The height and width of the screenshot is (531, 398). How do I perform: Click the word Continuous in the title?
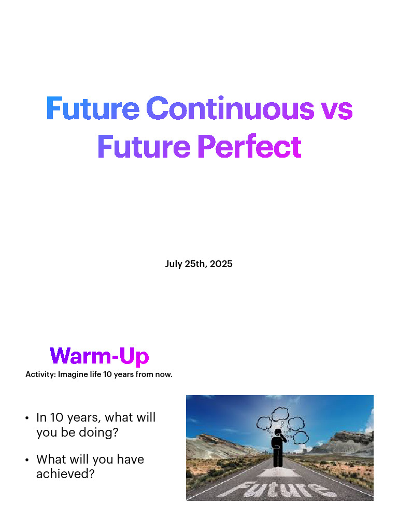(x=230, y=108)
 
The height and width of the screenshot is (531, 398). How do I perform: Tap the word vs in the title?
(x=336, y=108)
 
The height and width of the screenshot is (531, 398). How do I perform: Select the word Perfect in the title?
(x=249, y=147)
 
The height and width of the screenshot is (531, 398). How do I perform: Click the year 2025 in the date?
(x=221, y=264)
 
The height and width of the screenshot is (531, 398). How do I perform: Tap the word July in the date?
(x=174, y=264)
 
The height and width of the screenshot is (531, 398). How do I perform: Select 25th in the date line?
(x=196, y=264)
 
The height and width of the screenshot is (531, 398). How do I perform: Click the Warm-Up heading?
(x=99, y=356)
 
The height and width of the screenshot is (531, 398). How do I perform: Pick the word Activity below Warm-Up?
(x=40, y=374)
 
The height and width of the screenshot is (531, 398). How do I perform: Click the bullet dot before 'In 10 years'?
(x=26, y=418)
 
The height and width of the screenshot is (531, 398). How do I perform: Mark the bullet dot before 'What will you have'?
(x=26, y=460)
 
